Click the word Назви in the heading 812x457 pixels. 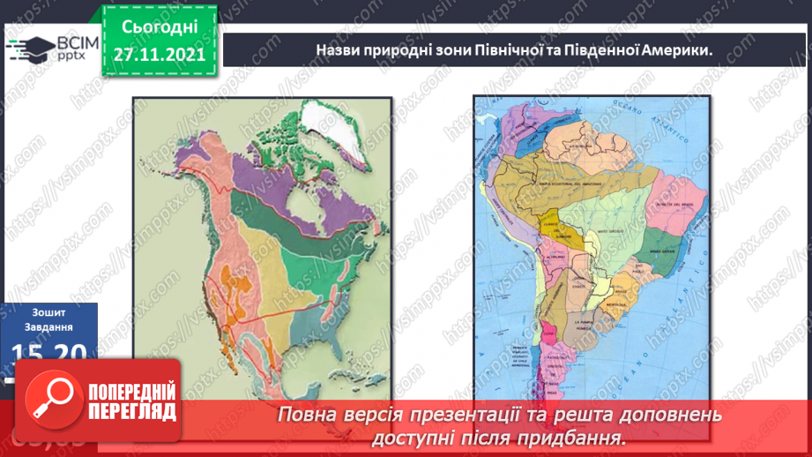338,51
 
